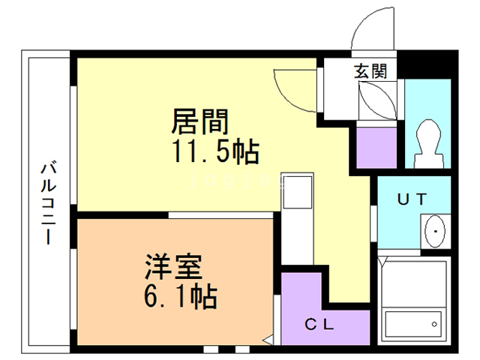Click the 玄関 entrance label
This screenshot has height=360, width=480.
click(370, 70)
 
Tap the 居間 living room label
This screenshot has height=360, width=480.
click(200, 121)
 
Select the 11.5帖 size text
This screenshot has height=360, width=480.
click(215, 151)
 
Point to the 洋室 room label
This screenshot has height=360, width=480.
click(173, 267)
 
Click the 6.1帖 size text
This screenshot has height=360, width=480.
click(181, 296)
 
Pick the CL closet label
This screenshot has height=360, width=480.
click(319, 324)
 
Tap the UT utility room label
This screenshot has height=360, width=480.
click(412, 199)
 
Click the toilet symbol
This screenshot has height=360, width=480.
click(429, 143)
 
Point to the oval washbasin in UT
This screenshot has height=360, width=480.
click(435, 231)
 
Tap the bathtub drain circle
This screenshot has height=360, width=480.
click(434, 324)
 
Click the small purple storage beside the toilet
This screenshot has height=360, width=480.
click(376, 147)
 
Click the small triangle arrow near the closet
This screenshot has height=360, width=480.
click(268, 340)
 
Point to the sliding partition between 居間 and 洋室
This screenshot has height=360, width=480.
click(220, 215)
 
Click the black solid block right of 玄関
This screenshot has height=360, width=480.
click(427, 65)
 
